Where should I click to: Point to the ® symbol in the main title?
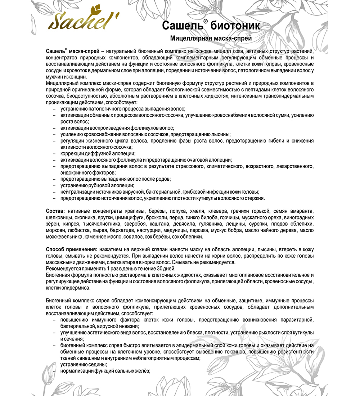(205, 22)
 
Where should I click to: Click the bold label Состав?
(56, 211)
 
